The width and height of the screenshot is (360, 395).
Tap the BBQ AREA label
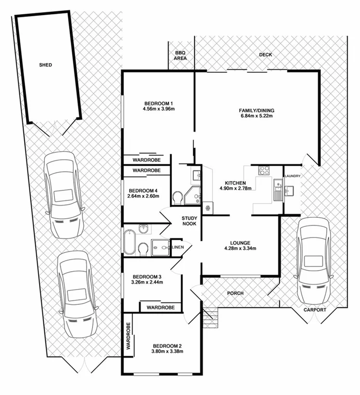[180, 55]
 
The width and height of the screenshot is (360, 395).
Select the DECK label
[266, 55]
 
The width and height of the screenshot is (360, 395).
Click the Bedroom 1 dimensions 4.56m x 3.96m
[158, 109]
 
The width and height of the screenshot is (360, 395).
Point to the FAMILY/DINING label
[256, 111]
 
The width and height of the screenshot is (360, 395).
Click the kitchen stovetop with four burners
[265, 170]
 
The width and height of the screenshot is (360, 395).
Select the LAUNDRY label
[293, 176]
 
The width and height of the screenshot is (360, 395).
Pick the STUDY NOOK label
[189, 222]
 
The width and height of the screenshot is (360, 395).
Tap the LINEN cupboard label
[177, 247]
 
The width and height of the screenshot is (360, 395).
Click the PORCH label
[236, 293]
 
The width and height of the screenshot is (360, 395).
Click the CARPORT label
[315, 310]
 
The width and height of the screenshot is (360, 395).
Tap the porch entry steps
[210, 319]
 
